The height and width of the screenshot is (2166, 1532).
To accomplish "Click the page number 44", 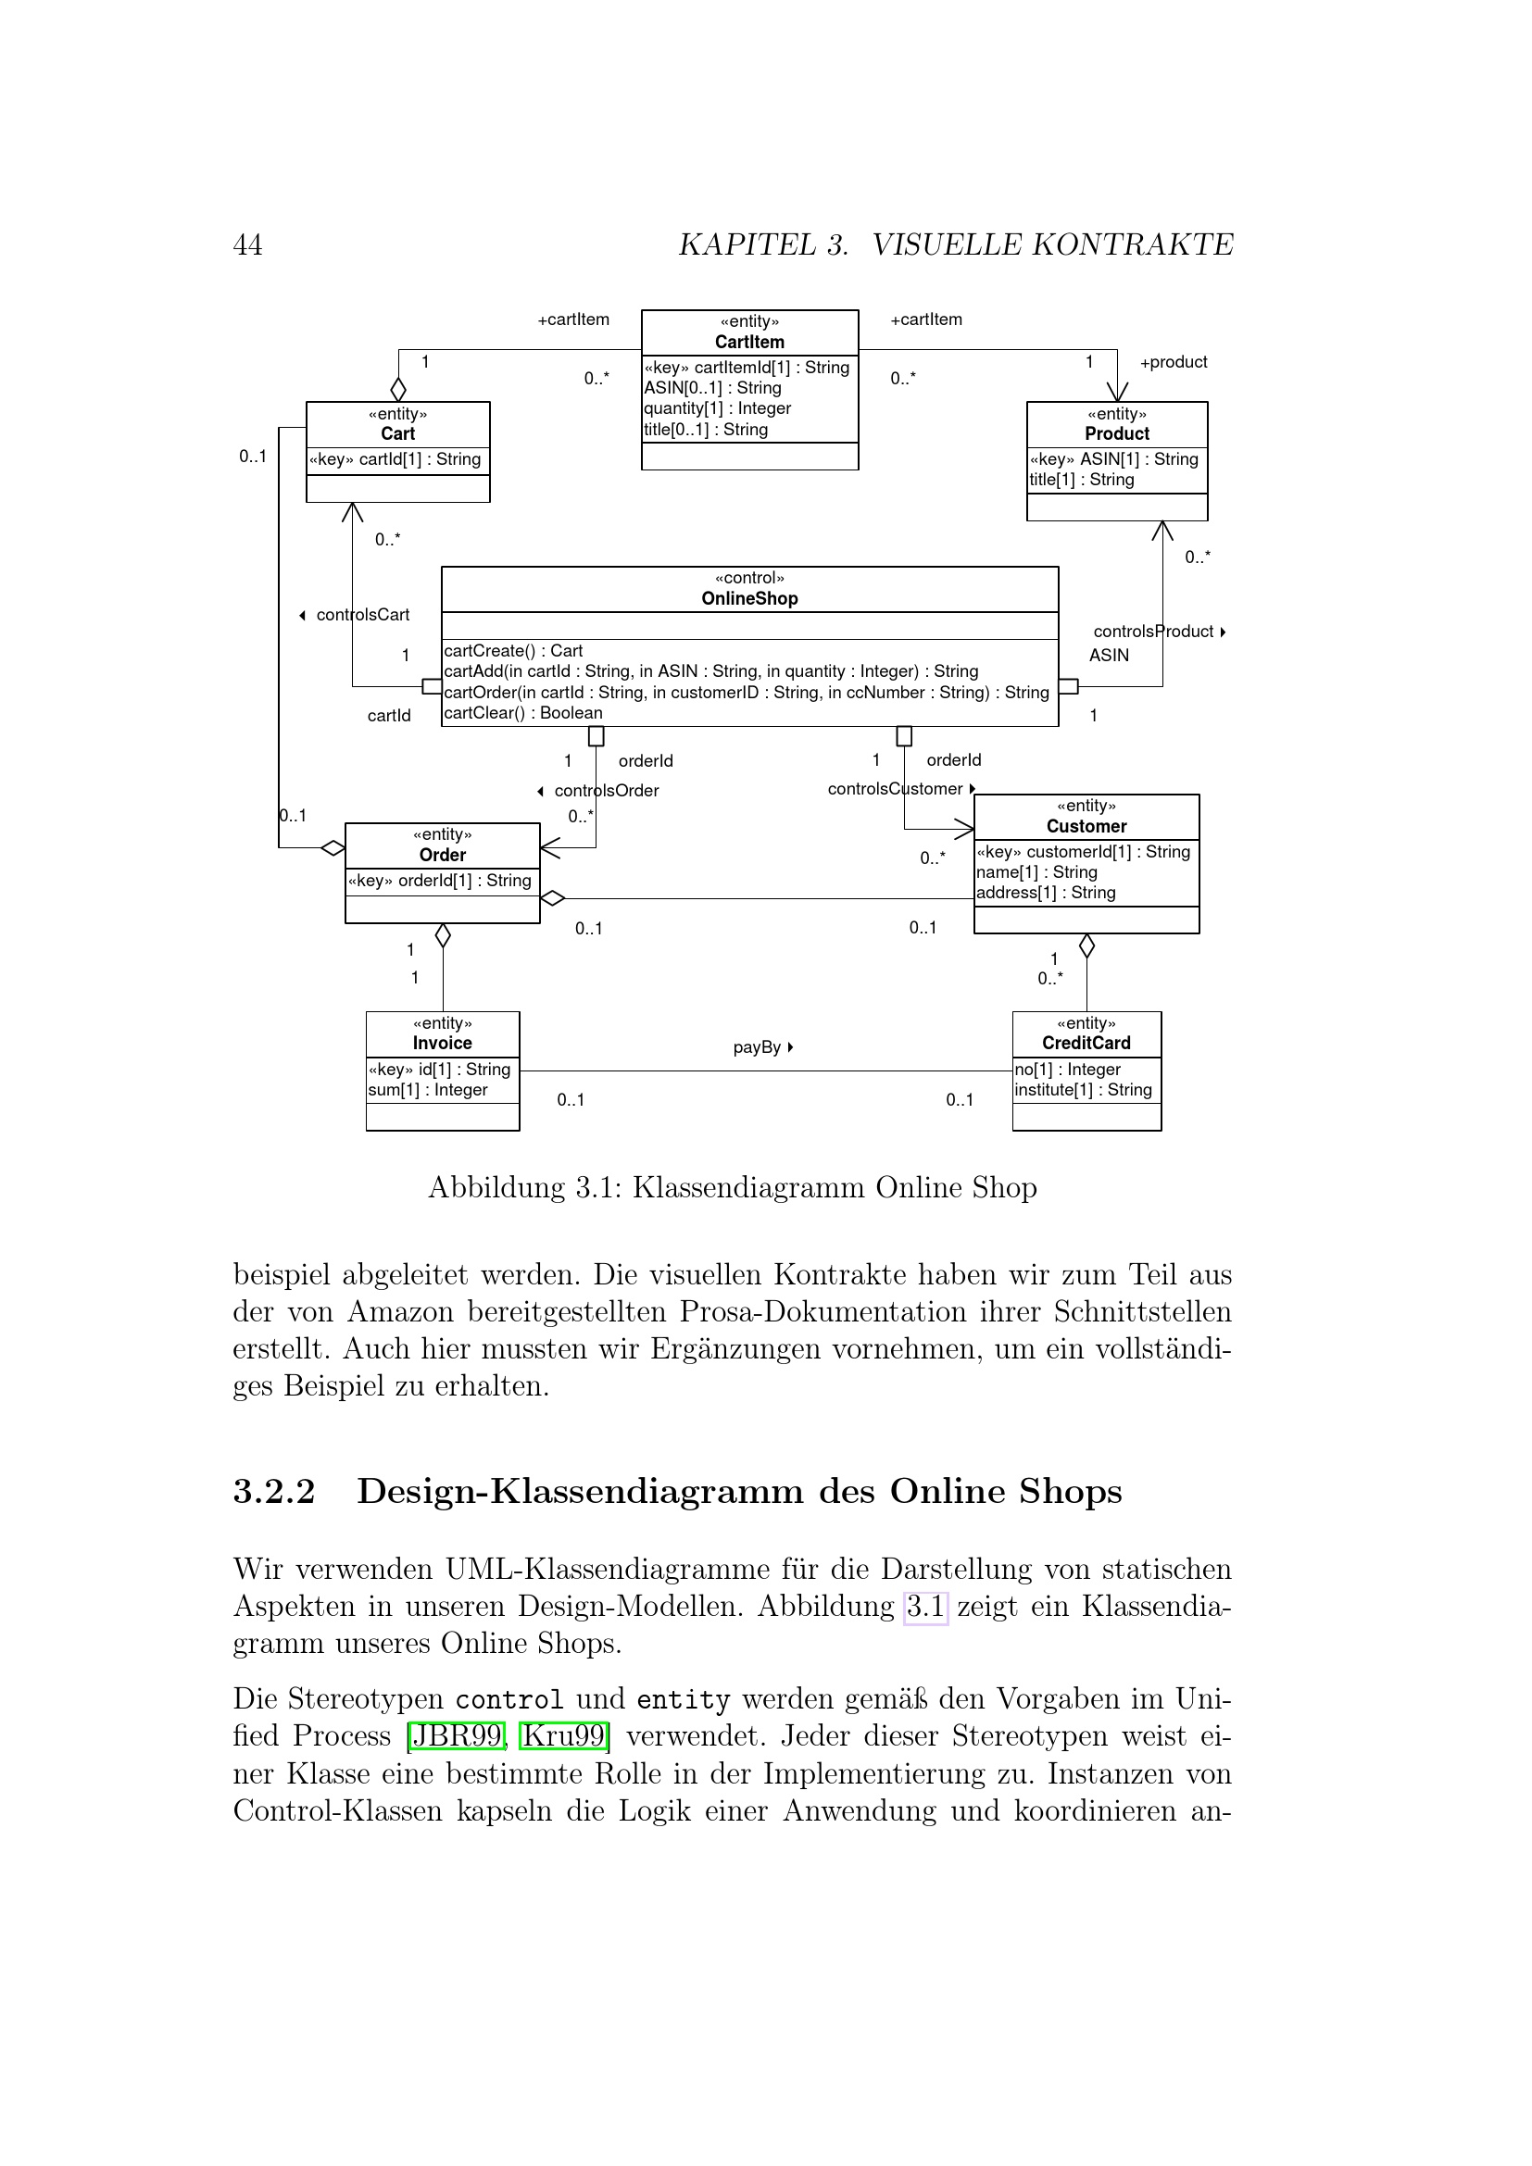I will tap(247, 245).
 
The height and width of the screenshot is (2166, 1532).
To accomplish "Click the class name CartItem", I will tap(749, 342).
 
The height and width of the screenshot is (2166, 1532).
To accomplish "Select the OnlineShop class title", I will tap(749, 598).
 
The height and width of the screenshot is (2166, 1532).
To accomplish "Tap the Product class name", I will tap(1117, 433).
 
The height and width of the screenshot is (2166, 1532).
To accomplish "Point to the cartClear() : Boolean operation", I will tap(522, 713).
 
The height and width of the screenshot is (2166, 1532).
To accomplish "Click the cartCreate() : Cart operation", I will tap(513, 651).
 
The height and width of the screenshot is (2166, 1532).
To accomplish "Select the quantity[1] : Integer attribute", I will tap(717, 408).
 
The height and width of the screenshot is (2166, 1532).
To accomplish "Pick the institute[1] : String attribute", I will tap(1083, 1090).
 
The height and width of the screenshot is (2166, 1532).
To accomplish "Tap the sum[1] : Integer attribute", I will tap(427, 1090).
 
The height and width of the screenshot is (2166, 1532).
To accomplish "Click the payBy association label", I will tap(758, 1047).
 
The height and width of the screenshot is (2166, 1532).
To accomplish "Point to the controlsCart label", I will tap(362, 615).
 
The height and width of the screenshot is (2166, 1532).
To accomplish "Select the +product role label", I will tap(1173, 362).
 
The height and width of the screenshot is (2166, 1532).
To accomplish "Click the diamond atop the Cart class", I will tap(398, 389).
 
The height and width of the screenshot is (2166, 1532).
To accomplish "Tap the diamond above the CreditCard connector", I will tap(1086, 945).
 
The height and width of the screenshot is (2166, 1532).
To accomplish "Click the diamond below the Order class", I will tap(443, 936).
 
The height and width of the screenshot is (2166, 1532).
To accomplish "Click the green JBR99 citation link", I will tap(457, 1735).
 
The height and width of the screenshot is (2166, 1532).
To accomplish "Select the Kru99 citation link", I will tap(563, 1735).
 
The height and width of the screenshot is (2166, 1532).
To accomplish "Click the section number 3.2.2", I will tap(273, 1492).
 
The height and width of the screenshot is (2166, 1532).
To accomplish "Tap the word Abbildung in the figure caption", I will tap(496, 1187).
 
